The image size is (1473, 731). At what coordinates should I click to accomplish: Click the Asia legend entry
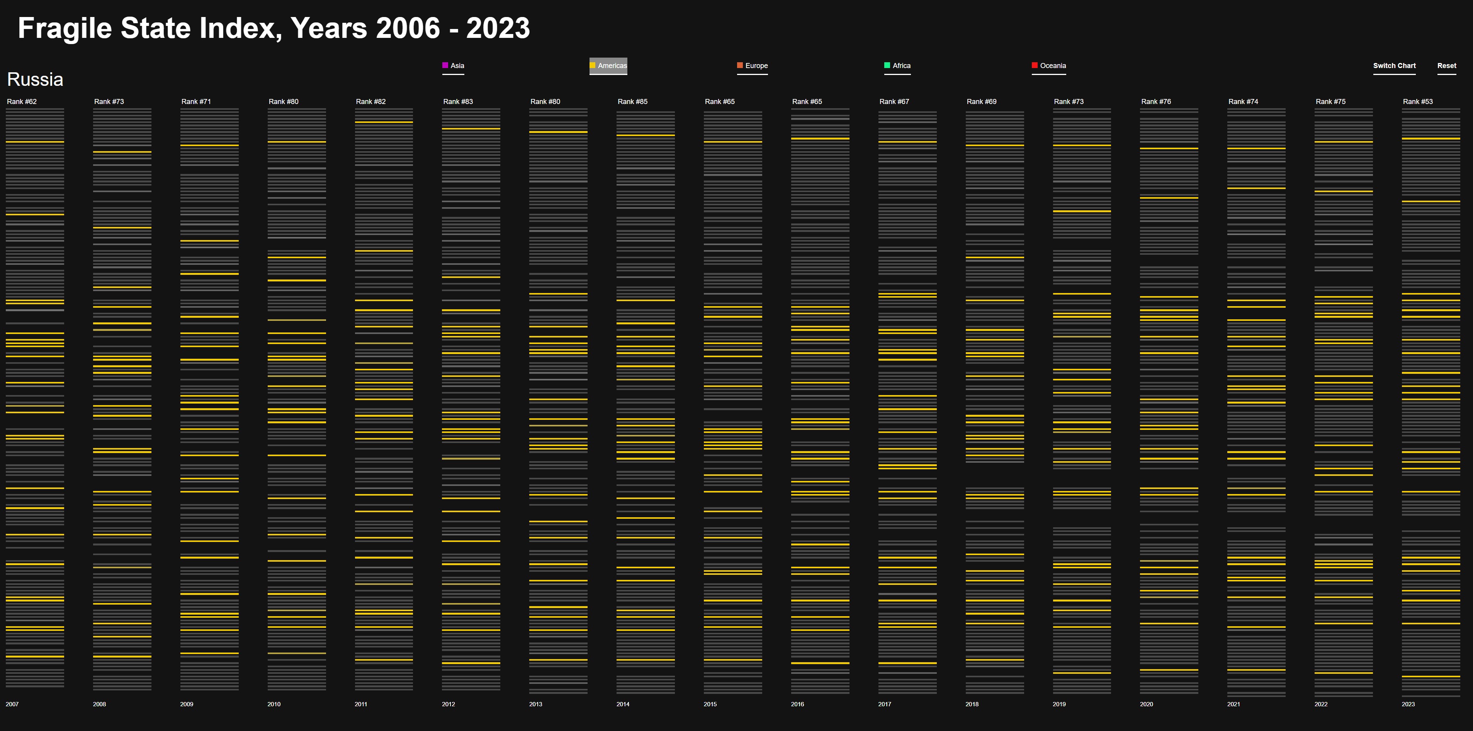click(454, 66)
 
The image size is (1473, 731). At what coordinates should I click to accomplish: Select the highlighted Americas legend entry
click(608, 66)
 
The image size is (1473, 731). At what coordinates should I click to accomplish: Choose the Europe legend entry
click(753, 66)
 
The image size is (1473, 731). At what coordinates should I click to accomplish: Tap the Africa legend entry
click(898, 66)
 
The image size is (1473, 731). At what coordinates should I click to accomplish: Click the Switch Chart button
click(1394, 66)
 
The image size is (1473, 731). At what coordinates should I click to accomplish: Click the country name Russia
click(35, 80)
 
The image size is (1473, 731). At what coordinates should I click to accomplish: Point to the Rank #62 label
click(22, 102)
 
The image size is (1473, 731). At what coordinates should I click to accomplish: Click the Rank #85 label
click(632, 102)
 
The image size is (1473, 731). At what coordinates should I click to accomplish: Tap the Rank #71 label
click(196, 102)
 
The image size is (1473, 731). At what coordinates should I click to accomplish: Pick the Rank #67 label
click(894, 102)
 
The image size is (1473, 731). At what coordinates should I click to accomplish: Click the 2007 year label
click(12, 704)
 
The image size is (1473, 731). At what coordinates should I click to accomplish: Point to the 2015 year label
click(710, 704)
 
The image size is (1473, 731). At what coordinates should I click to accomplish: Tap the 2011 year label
click(361, 704)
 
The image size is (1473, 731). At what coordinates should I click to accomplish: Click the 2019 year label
click(1059, 704)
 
